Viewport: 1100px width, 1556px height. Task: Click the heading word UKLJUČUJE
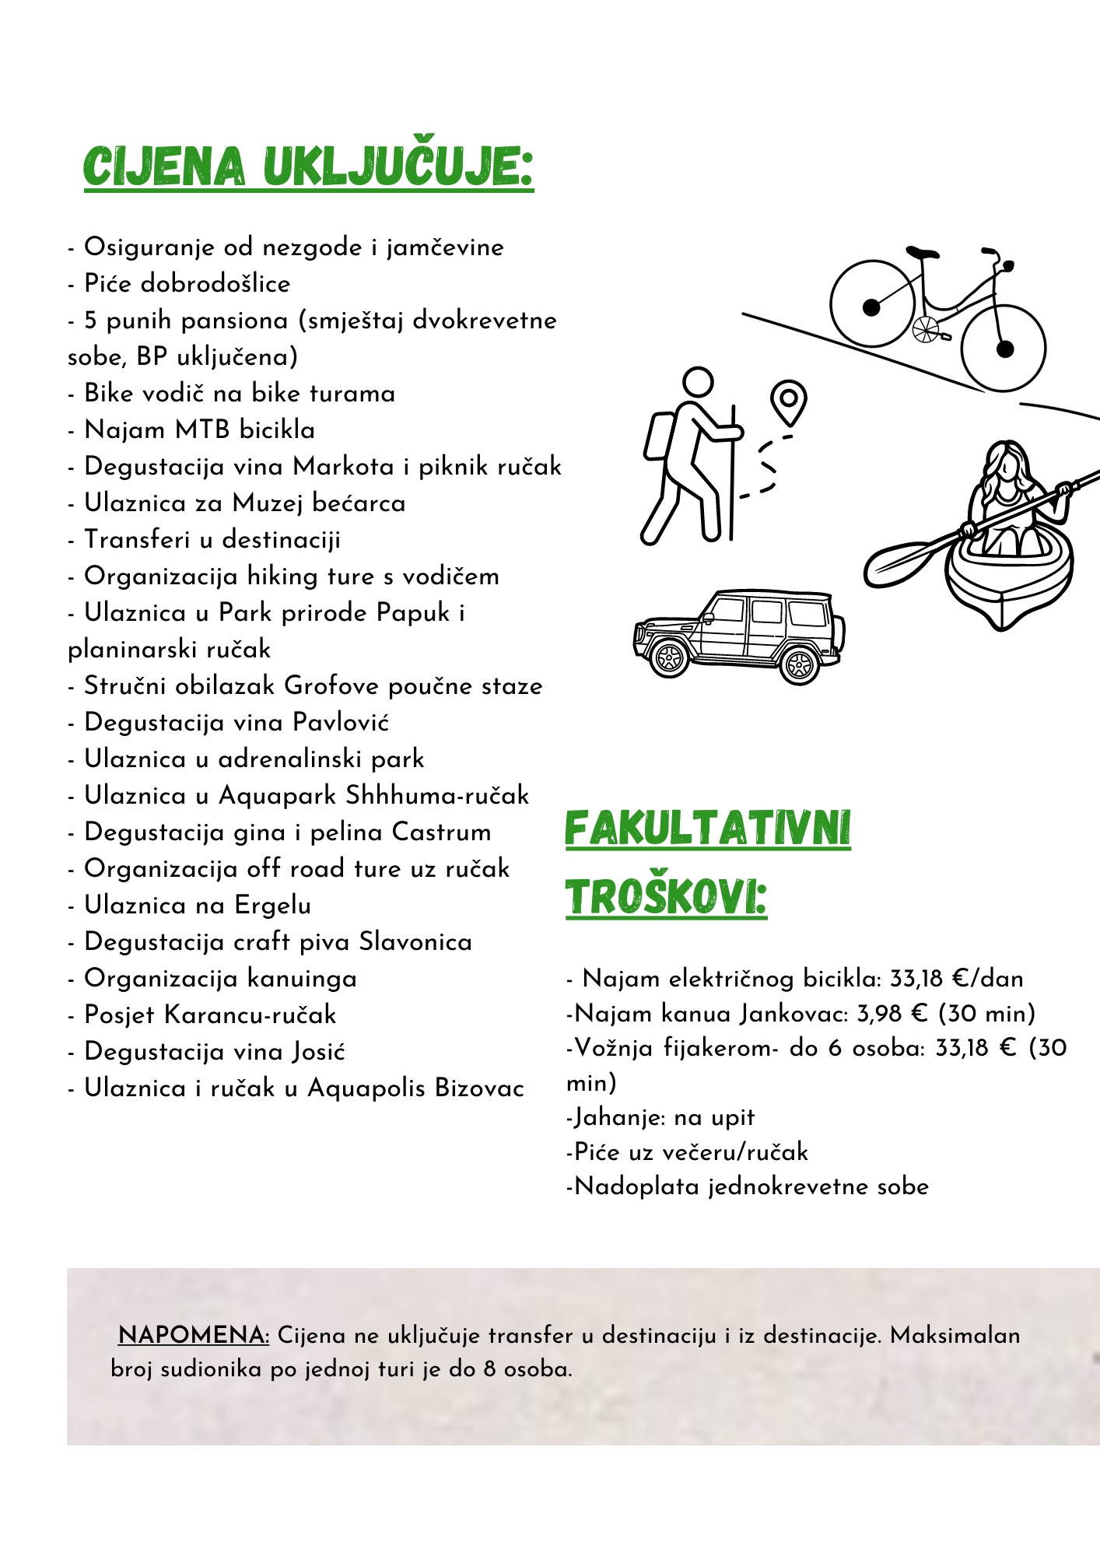[x=398, y=166]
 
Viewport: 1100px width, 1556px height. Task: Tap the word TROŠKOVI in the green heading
[x=666, y=898]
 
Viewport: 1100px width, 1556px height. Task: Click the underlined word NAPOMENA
[x=194, y=1335]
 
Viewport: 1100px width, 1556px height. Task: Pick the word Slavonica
[x=415, y=941]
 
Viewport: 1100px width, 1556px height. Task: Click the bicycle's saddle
[x=922, y=253]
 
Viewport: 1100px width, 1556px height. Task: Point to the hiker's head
[x=698, y=382]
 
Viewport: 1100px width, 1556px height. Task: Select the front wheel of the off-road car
[x=669, y=658]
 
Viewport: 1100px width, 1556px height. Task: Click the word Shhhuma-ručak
[x=437, y=795]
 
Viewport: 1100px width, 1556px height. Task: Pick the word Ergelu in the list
[x=272, y=905]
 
